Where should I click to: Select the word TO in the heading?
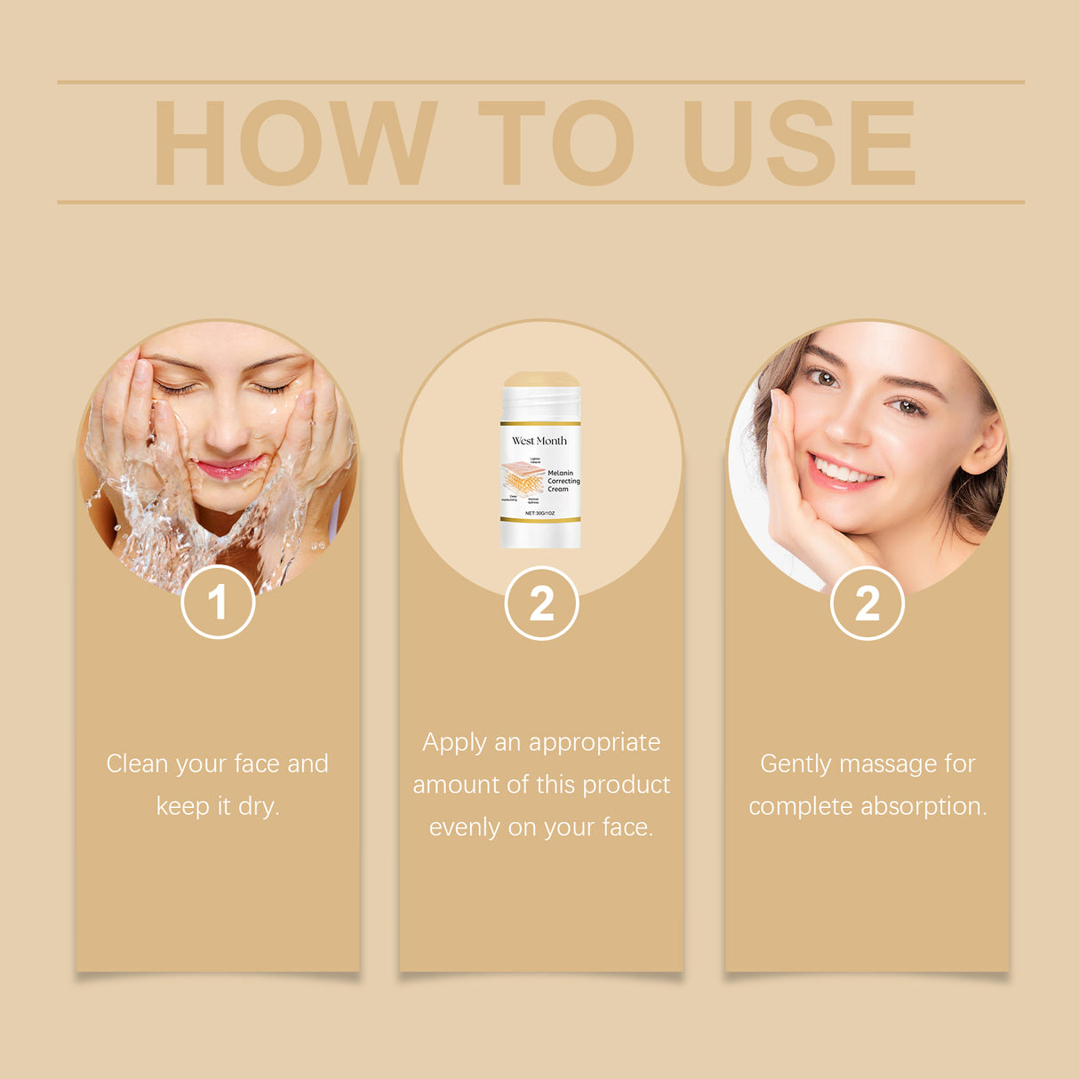(556, 142)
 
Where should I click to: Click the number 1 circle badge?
(218, 602)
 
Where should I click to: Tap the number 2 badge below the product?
(541, 603)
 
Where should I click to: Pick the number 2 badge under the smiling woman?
(867, 603)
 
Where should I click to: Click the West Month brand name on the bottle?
(539, 441)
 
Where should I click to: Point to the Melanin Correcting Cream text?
(563, 481)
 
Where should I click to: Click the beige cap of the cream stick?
(540, 380)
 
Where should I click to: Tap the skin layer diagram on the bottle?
(523, 480)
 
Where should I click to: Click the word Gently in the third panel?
(795, 763)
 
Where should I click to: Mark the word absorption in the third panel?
(923, 806)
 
